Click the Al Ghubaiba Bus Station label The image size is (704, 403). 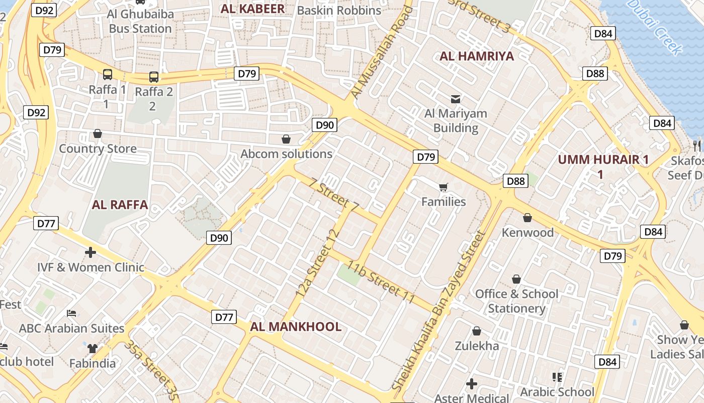coord(140,21)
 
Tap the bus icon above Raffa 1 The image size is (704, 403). coord(108,75)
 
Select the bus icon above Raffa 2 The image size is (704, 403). coord(154,77)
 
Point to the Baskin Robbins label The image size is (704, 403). coord(339,10)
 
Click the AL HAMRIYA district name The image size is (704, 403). coord(477,56)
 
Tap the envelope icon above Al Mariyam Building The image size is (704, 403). coord(456,99)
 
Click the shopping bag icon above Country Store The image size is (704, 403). coord(98,133)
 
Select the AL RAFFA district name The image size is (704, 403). coord(120,205)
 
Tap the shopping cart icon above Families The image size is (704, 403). coord(443,187)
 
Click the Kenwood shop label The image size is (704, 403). coord(527,232)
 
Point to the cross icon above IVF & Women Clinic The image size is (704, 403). coord(91,252)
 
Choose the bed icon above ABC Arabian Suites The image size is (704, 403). coord(71,313)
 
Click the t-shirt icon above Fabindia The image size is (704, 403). coord(92,348)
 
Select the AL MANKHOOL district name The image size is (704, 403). coord(296,326)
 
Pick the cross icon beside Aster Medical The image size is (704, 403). coord(471,384)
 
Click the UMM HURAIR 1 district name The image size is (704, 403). coord(603,160)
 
